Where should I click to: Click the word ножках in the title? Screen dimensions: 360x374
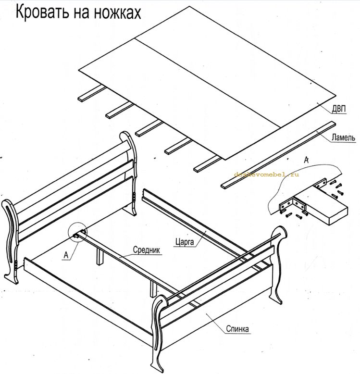tap(117, 12)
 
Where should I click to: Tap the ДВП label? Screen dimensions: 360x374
tap(338, 109)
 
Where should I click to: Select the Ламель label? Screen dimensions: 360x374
tap(343, 137)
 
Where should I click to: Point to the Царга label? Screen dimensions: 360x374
tap(185, 242)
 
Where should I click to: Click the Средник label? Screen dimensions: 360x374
tap(147, 250)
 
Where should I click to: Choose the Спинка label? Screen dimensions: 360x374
tap(237, 329)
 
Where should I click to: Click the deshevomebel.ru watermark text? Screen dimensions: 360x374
tap(266, 175)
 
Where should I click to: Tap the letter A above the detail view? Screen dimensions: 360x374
tap(307, 160)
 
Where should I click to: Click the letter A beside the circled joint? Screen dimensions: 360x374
tap(66, 255)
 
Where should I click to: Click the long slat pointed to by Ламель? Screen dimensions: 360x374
tap(278, 155)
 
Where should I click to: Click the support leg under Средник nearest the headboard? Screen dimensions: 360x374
tap(100, 256)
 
